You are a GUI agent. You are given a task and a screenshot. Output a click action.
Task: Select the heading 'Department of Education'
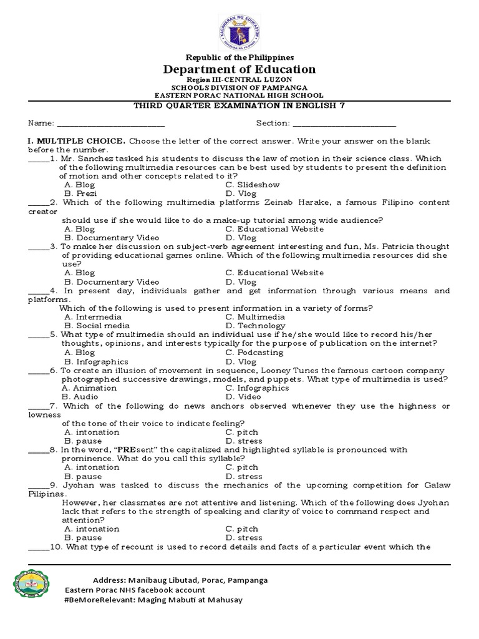pos(239,69)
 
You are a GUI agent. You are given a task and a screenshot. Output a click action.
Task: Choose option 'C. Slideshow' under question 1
pos(253,185)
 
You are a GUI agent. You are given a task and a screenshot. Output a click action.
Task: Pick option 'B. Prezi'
pos(79,193)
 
